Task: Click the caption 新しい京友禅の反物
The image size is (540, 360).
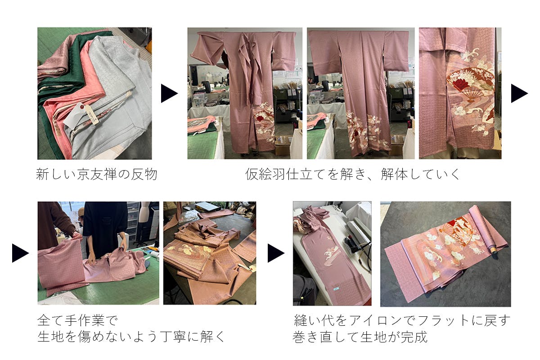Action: tap(97, 174)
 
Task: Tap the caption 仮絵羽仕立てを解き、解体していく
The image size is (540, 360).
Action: tap(353, 174)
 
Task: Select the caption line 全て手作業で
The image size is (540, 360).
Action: tap(77, 320)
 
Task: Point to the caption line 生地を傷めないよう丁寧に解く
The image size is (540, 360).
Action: tap(131, 337)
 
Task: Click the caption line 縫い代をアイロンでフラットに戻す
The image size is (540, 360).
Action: tap(402, 320)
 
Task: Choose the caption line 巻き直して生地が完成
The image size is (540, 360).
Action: tap(360, 337)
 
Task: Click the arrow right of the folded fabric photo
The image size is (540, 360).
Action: tap(169, 93)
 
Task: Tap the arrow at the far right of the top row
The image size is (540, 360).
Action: tap(519, 93)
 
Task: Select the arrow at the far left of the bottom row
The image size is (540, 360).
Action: tap(21, 253)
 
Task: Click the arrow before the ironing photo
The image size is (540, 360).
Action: tap(276, 253)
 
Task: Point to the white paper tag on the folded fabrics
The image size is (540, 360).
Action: tap(73, 115)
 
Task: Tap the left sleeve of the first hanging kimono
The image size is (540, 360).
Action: tap(208, 49)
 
